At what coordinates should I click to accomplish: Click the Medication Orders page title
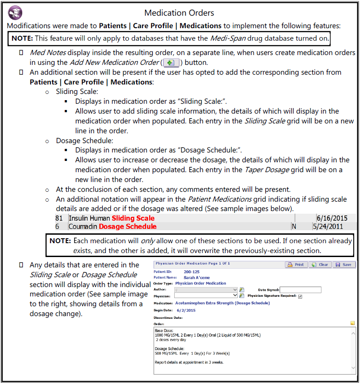(179, 13)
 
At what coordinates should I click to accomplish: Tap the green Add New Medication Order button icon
(170, 63)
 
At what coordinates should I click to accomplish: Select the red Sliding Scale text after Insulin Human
(133, 218)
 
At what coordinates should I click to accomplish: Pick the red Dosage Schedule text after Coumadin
(127, 227)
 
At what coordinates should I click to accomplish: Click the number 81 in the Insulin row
(59, 218)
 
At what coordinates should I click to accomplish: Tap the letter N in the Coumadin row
(294, 227)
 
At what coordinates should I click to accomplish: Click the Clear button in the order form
(320, 265)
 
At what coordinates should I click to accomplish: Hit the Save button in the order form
(344, 265)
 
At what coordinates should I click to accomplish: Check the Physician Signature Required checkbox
(300, 296)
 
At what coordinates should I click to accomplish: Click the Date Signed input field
(300, 290)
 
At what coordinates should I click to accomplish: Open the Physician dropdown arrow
(235, 295)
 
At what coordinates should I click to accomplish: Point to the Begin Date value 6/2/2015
(186, 310)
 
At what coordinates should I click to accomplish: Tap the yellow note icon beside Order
(353, 323)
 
